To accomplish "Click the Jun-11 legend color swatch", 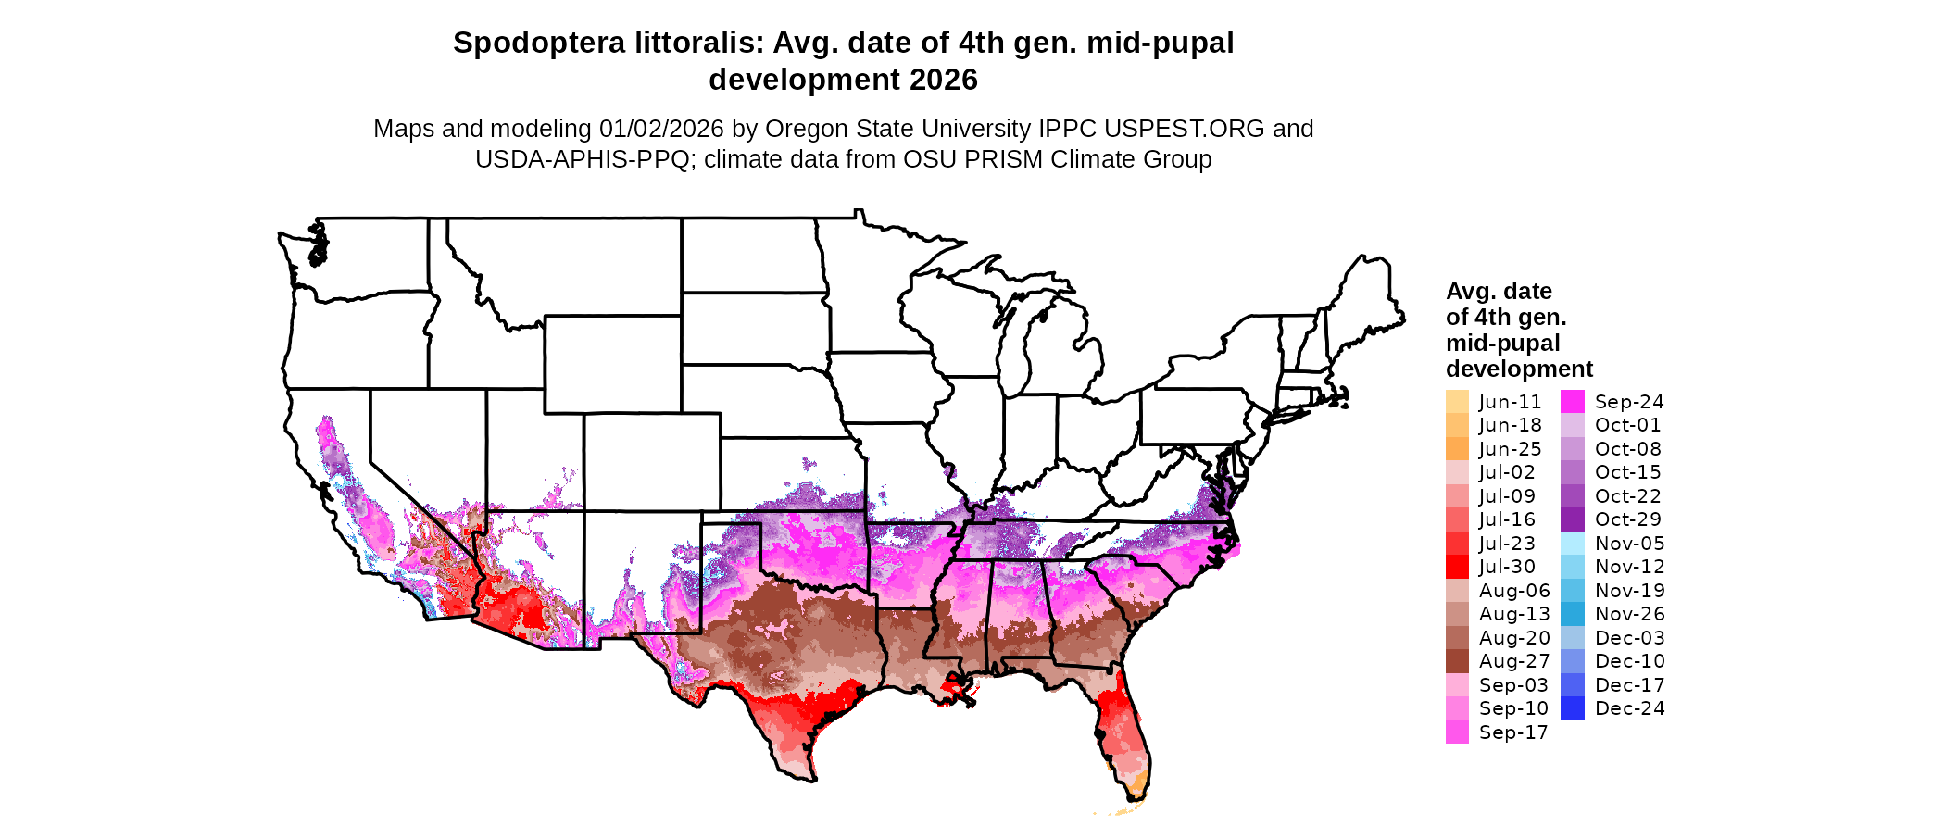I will (x=1457, y=402).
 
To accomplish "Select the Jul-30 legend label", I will (x=1507, y=567).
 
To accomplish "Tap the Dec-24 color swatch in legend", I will (x=1573, y=708).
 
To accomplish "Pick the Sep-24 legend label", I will (x=1629, y=402).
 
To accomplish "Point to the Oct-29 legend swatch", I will (x=1573, y=519).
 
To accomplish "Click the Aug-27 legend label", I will (x=1514, y=661).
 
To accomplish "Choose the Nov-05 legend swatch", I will (x=1573, y=544).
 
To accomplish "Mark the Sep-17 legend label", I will (x=1513, y=732).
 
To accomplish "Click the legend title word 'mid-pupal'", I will (x=1502, y=344).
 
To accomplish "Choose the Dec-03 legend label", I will (x=1629, y=638).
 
